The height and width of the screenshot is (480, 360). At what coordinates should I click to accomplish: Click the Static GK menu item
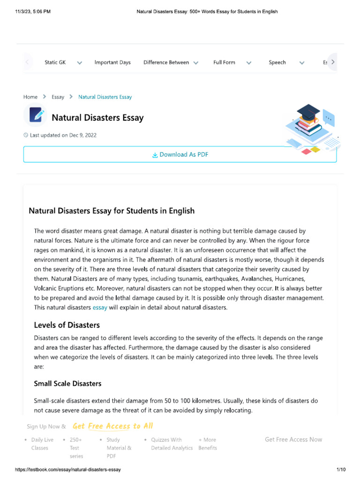[x=55, y=62]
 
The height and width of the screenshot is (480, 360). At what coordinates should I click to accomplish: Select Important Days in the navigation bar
[x=112, y=62]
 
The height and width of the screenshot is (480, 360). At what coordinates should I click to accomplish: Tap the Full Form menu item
[x=225, y=62]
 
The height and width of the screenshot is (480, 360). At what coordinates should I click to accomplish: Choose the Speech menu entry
[x=277, y=62]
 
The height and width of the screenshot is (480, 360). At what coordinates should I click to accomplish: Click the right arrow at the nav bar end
[x=332, y=62]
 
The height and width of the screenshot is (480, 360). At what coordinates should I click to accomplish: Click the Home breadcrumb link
[x=30, y=97]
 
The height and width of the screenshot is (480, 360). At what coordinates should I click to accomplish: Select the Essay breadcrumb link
[x=58, y=97]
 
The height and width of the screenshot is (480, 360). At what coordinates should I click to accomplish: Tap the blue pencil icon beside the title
[x=36, y=115]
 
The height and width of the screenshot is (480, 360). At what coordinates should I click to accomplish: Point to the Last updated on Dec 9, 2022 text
[x=63, y=135]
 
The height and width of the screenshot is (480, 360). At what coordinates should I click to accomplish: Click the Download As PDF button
[x=180, y=154]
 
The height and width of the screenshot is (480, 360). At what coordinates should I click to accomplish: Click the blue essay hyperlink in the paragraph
[x=100, y=307]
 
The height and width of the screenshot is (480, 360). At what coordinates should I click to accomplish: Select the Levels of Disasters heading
[x=67, y=325]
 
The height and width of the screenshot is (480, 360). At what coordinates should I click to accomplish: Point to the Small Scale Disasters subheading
[x=67, y=383]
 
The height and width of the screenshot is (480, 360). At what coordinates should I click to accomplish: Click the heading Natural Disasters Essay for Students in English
[x=112, y=210]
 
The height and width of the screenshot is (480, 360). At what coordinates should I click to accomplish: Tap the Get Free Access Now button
[x=293, y=439]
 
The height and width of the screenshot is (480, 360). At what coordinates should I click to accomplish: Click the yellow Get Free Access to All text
[x=112, y=426]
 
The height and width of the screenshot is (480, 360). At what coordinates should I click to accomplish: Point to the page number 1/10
[x=341, y=470]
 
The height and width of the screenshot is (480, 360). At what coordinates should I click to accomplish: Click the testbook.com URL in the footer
[x=68, y=470]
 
